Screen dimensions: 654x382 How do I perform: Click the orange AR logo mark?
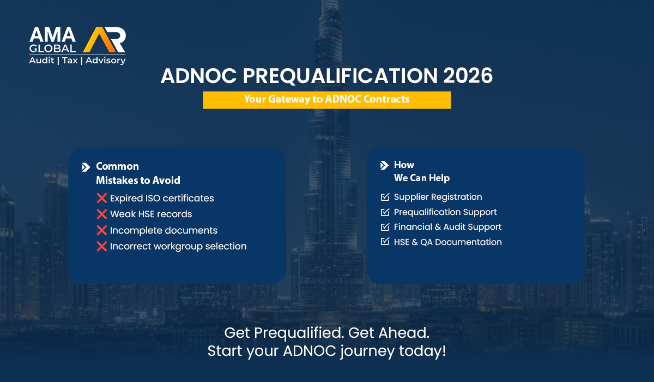tap(105, 40)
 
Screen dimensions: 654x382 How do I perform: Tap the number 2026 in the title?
tap(468, 76)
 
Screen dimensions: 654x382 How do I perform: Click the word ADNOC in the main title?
tap(198, 76)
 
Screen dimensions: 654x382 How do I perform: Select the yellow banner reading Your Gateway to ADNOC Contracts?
tap(326, 100)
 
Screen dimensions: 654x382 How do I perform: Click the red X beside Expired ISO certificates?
tap(101, 198)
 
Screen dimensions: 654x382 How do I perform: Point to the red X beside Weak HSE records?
tap(101, 214)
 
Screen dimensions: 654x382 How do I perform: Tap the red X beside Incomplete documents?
tap(101, 230)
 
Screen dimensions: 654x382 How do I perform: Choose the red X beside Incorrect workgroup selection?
tap(101, 246)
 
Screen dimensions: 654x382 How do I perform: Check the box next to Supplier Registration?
tap(385, 197)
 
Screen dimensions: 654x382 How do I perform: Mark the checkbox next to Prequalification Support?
tap(385, 212)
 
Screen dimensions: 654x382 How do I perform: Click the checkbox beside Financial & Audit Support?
tap(385, 227)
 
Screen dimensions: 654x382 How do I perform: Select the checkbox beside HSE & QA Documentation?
tap(385, 241)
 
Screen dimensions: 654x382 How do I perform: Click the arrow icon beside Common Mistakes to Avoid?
tap(86, 167)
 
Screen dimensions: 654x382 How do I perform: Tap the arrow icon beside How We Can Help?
tap(385, 165)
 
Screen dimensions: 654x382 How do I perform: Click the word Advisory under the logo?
tap(105, 61)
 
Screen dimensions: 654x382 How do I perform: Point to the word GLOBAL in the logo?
tap(52, 48)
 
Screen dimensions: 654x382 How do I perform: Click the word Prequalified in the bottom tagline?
tap(299, 333)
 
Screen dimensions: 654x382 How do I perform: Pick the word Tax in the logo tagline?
tap(70, 61)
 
